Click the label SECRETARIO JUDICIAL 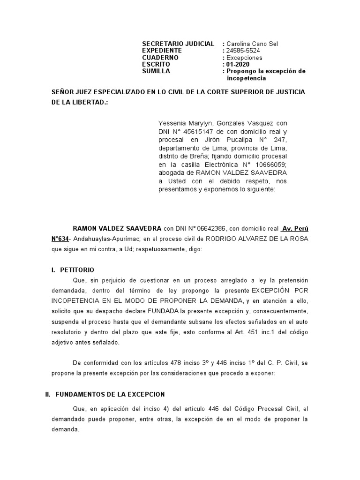click(x=178, y=43)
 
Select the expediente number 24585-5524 click(x=243, y=50)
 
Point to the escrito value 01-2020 click(x=238, y=64)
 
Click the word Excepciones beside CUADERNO click(x=244, y=57)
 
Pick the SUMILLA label click(x=156, y=71)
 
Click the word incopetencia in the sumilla click(x=246, y=78)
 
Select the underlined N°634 click(x=61, y=239)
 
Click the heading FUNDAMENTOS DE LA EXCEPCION click(x=110, y=394)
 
